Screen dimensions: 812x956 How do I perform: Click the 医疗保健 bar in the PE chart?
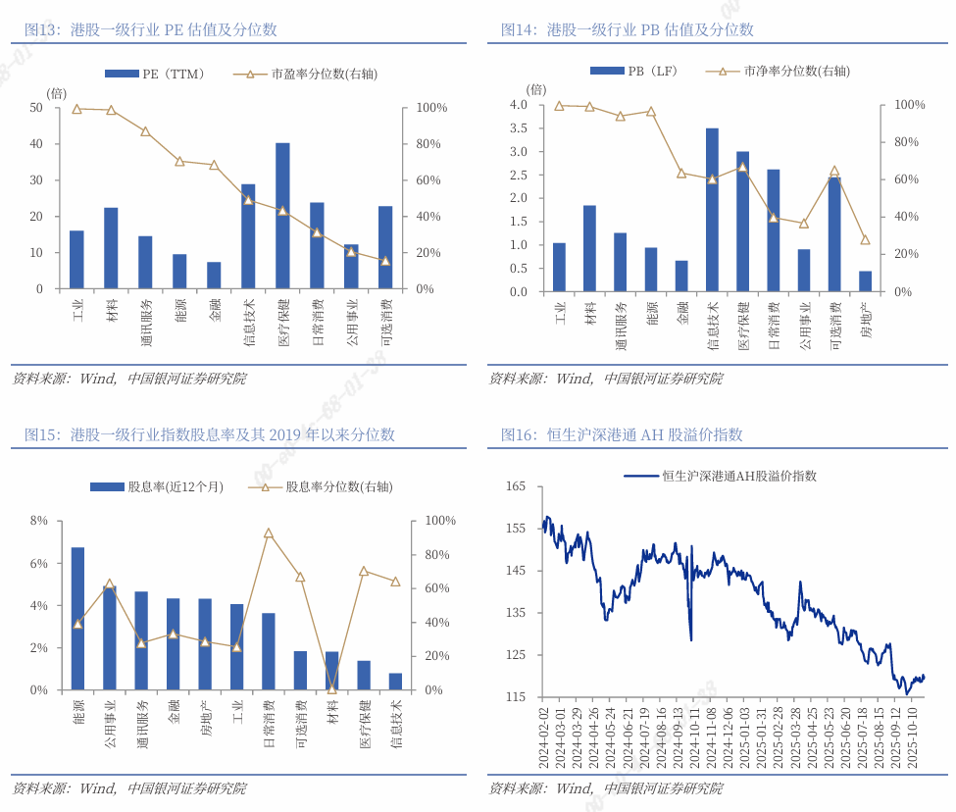[282, 216]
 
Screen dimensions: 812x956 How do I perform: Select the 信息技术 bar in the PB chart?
[712, 210]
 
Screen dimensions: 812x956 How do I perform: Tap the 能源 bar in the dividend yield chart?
[77, 619]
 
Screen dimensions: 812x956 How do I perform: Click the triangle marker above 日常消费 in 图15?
[268, 533]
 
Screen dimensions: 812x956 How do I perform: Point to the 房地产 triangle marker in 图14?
[865, 239]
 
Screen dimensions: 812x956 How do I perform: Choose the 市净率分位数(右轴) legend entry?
[783, 71]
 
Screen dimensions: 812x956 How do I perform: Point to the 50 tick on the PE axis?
[36, 107]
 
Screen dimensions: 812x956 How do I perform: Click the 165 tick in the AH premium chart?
[516, 486]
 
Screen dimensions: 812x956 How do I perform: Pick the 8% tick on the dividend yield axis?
[38, 521]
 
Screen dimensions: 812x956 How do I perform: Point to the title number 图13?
[41, 30]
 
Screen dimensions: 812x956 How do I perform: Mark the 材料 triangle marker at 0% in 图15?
[331, 688]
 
